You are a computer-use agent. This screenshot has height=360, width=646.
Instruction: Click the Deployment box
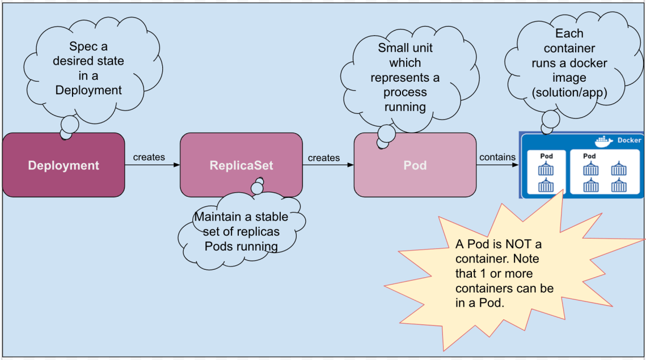[64, 165]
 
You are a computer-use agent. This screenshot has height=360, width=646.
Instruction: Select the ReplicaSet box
[241, 165]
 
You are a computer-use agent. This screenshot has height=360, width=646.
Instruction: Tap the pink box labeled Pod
[415, 165]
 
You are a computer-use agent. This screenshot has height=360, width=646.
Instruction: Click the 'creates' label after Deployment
[149, 157]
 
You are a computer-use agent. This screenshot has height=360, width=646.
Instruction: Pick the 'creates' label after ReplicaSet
[324, 158]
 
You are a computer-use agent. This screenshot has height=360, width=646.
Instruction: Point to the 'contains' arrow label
[497, 157]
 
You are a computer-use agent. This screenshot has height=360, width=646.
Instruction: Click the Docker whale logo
[604, 141]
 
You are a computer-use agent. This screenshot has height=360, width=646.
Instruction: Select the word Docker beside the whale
[629, 141]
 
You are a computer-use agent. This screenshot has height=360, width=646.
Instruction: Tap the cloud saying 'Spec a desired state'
[88, 68]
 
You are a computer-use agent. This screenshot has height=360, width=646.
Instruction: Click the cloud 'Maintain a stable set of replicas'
[241, 231]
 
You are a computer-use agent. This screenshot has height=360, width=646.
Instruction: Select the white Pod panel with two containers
[546, 172]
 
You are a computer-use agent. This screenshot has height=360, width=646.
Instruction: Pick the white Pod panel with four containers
[603, 172]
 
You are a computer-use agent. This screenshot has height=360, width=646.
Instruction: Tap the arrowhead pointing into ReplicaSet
[177, 165]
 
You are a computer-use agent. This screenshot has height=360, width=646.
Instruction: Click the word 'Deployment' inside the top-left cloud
[88, 90]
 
